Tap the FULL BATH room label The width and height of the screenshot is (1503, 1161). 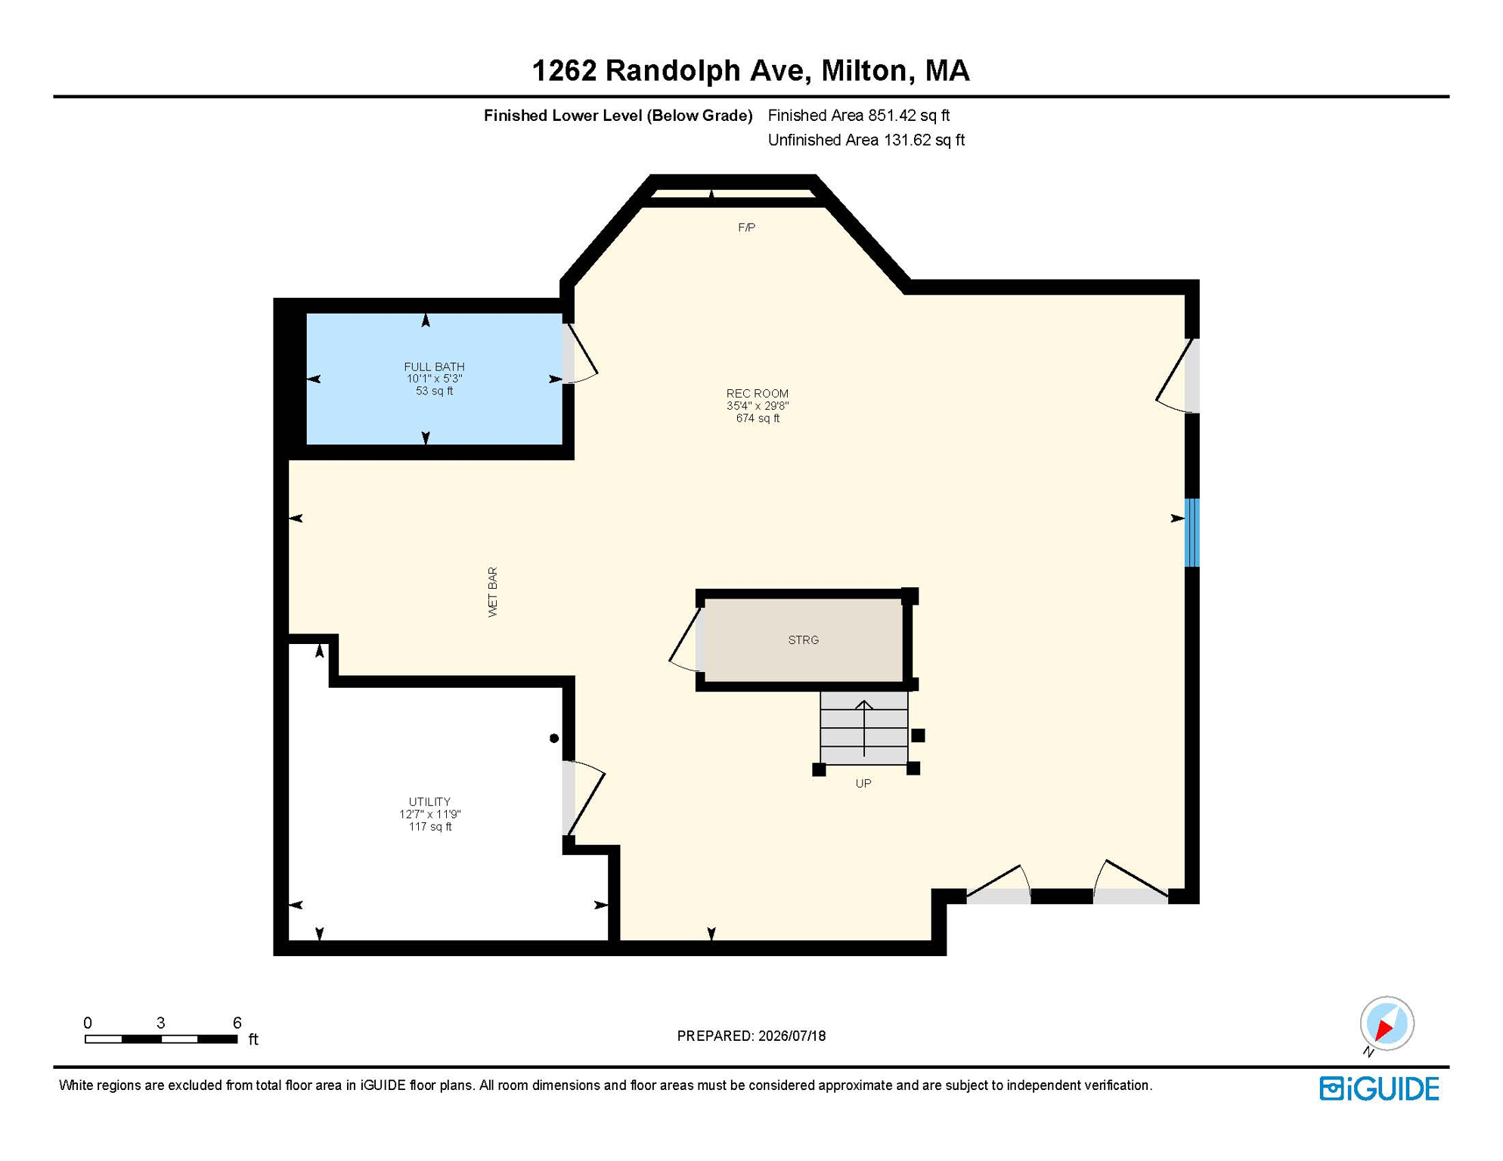click(434, 367)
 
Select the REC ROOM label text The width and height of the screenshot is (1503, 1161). click(758, 393)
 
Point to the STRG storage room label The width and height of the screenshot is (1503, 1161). click(803, 639)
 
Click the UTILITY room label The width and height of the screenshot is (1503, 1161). click(429, 801)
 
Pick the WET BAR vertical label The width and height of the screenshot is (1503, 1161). click(493, 592)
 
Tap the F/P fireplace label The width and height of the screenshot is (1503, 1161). click(746, 228)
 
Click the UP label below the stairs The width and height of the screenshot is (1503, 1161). click(863, 783)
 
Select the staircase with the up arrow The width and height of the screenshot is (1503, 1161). click(864, 728)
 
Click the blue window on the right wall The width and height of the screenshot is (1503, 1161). click(1192, 532)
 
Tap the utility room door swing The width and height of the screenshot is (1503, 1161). click(584, 797)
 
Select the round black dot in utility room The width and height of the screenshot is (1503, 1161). click(554, 738)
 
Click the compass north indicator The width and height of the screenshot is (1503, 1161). click(1387, 1023)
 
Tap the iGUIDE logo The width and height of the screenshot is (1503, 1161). click(1379, 1088)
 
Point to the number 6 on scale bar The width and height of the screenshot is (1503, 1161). click(237, 1023)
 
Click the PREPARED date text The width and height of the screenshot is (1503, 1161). click(751, 1036)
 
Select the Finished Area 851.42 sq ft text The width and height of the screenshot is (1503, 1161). click(859, 116)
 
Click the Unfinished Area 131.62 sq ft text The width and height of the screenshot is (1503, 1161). click(866, 140)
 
